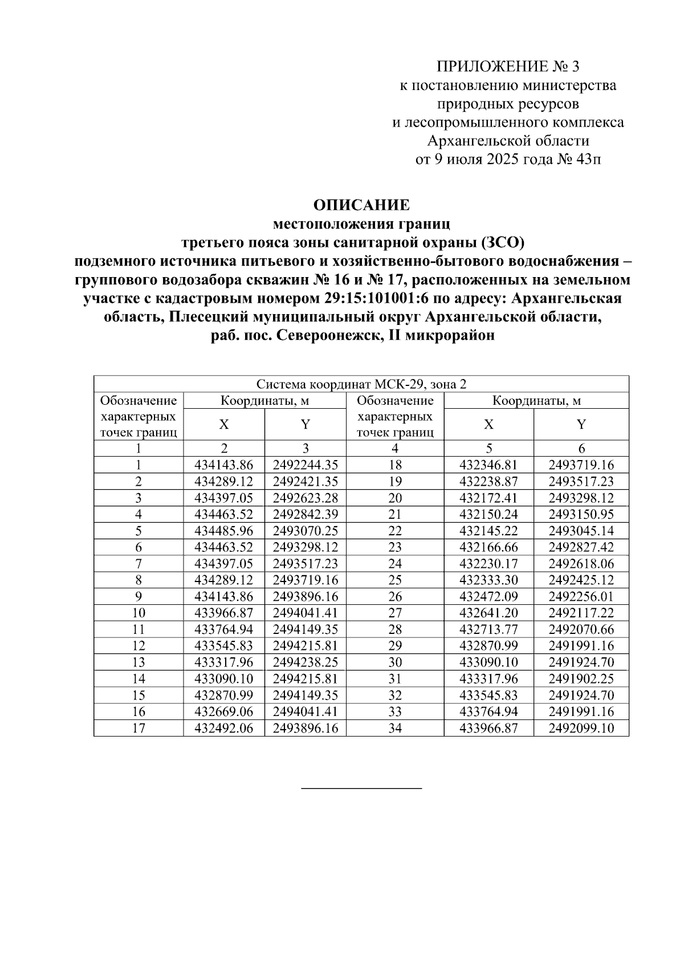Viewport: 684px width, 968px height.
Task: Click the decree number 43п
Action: click(589, 159)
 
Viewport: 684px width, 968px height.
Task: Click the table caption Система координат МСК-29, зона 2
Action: click(361, 384)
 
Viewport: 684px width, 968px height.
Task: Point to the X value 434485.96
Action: click(223, 531)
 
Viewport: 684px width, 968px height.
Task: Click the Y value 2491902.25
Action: click(581, 679)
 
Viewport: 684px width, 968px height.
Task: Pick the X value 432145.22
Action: click(488, 531)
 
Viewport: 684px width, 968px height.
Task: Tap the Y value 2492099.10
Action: click(581, 728)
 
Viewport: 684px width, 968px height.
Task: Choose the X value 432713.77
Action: click(488, 630)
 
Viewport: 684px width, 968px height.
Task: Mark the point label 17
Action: click(139, 728)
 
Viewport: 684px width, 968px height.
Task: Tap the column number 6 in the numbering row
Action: click(581, 449)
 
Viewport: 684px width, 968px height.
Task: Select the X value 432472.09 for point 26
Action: click(488, 597)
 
